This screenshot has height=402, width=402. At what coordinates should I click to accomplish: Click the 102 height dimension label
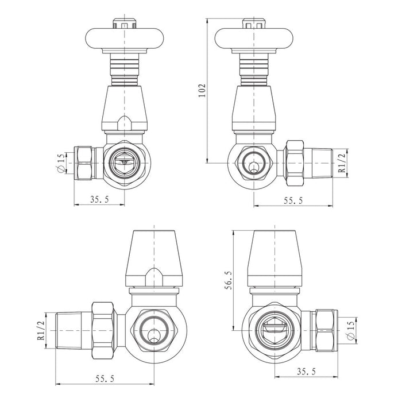(202, 91)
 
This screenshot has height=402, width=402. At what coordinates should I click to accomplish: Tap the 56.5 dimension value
(229, 280)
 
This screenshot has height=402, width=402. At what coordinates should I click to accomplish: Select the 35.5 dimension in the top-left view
(99, 199)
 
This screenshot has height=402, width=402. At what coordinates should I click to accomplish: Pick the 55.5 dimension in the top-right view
(293, 200)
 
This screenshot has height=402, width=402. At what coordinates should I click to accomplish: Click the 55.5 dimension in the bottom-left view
(105, 378)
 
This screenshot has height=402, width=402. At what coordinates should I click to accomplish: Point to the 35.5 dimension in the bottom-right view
(306, 372)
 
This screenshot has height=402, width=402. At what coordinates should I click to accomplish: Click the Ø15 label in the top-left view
(61, 163)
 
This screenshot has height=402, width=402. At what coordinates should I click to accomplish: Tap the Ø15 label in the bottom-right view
(351, 330)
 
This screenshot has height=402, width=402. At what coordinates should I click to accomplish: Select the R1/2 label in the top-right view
(342, 163)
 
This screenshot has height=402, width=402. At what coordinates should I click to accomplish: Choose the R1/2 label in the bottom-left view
(41, 330)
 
